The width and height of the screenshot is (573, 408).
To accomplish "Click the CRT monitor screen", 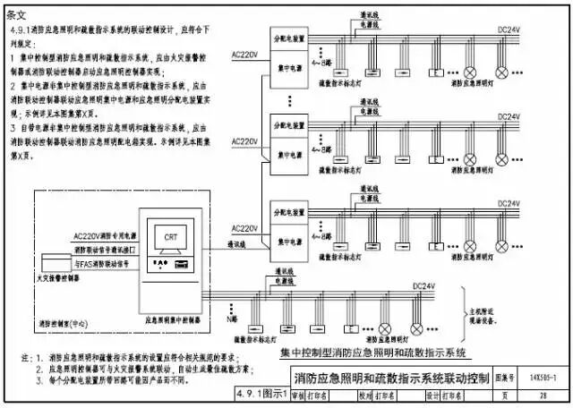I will click(169, 238).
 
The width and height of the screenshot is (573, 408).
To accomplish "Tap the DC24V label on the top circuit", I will click(509, 30).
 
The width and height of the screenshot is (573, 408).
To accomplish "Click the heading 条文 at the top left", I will click(18, 14).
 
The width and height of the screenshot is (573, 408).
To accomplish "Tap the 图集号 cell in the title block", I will click(507, 378).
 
